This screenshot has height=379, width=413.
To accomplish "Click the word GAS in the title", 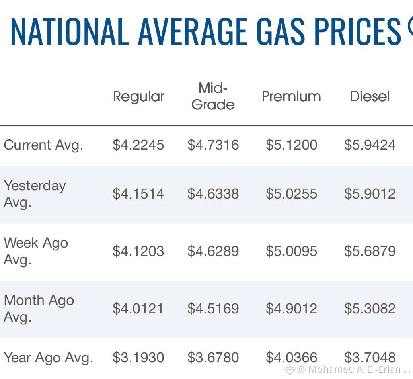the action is [x=281, y=31].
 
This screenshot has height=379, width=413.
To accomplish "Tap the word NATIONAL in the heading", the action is [x=70, y=31].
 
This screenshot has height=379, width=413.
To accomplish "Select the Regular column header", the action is [x=138, y=97].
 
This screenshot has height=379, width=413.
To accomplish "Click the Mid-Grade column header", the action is [x=213, y=96].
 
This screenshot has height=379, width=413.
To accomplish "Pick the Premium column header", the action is [x=291, y=96].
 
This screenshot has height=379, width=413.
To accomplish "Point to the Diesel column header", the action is [x=370, y=96].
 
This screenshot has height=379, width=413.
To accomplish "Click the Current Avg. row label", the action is [x=43, y=145].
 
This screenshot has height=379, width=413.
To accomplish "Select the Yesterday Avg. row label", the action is [x=35, y=194].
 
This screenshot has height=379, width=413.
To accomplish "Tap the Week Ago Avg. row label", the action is [x=36, y=251].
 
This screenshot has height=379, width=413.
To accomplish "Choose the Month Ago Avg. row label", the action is [x=39, y=309].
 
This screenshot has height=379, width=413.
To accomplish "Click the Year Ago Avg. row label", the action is [x=49, y=358].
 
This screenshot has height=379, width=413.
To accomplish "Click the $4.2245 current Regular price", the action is [x=138, y=145].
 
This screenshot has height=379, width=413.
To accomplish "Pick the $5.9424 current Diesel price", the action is [x=370, y=145].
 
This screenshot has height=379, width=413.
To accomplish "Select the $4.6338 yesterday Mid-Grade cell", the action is [x=213, y=194].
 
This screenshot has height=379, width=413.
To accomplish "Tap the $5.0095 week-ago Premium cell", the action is [x=291, y=251].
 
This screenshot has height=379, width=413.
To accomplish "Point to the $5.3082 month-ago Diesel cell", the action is [x=370, y=309].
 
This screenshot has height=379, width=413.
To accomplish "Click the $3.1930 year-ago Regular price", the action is [x=138, y=358].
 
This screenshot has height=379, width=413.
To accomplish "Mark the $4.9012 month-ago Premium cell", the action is [x=291, y=309].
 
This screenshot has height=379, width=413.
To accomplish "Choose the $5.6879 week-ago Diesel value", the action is [x=370, y=251].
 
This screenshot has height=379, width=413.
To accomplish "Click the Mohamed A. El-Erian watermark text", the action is [x=354, y=369].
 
